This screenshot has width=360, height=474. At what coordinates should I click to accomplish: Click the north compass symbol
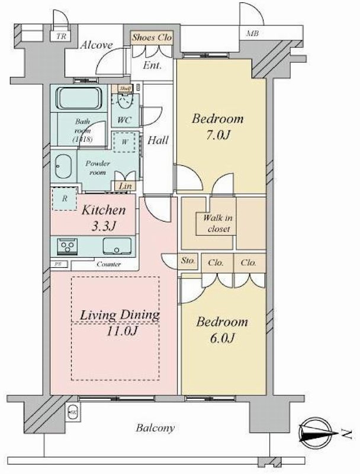(x=320, y=436)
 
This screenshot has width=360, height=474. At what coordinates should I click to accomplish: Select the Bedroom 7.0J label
(x=217, y=126)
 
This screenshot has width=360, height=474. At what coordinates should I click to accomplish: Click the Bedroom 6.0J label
(x=222, y=330)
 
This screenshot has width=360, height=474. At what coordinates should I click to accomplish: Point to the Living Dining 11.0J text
(x=116, y=322)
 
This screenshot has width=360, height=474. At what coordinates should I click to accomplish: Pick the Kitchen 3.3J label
(x=104, y=217)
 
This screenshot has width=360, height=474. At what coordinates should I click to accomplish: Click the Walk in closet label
(x=217, y=223)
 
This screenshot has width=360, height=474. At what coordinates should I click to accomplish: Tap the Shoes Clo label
(x=152, y=37)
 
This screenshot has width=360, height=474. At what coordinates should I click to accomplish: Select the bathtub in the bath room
(x=80, y=98)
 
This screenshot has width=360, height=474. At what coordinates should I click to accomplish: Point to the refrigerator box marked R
(x=63, y=198)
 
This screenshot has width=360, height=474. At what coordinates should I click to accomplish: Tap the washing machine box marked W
(x=125, y=142)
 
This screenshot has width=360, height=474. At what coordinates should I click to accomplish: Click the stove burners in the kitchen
(x=65, y=245)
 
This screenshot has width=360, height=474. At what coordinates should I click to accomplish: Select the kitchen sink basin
(x=117, y=245)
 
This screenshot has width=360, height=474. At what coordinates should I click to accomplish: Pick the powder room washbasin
(x=62, y=165)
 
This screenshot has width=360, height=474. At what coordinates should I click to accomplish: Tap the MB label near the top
(x=252, y=34)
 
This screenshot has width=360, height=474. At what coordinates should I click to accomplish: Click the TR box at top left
(x=60, y=36)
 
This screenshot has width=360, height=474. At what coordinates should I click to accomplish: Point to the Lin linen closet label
(x=125, y=187)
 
